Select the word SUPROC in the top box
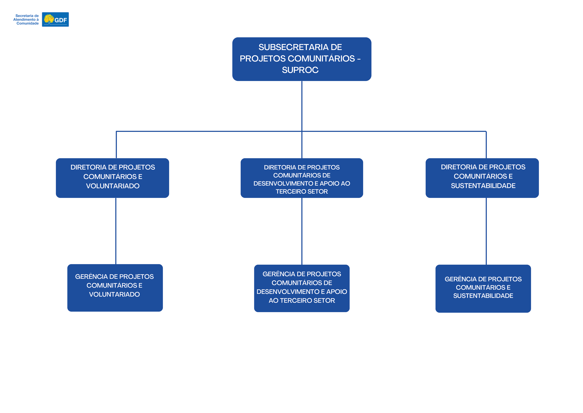(x=300, y=70)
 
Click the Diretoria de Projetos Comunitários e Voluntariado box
(x=112, y=178)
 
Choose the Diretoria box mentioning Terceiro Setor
(x=302, y=178)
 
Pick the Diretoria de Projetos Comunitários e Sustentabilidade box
(x=482, y=178)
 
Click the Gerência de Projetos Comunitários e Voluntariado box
(x=115, y=288)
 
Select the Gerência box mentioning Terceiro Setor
(x=302, y=288)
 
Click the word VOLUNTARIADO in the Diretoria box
(x=113, y=186)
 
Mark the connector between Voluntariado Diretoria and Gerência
(x=116, y=231)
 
